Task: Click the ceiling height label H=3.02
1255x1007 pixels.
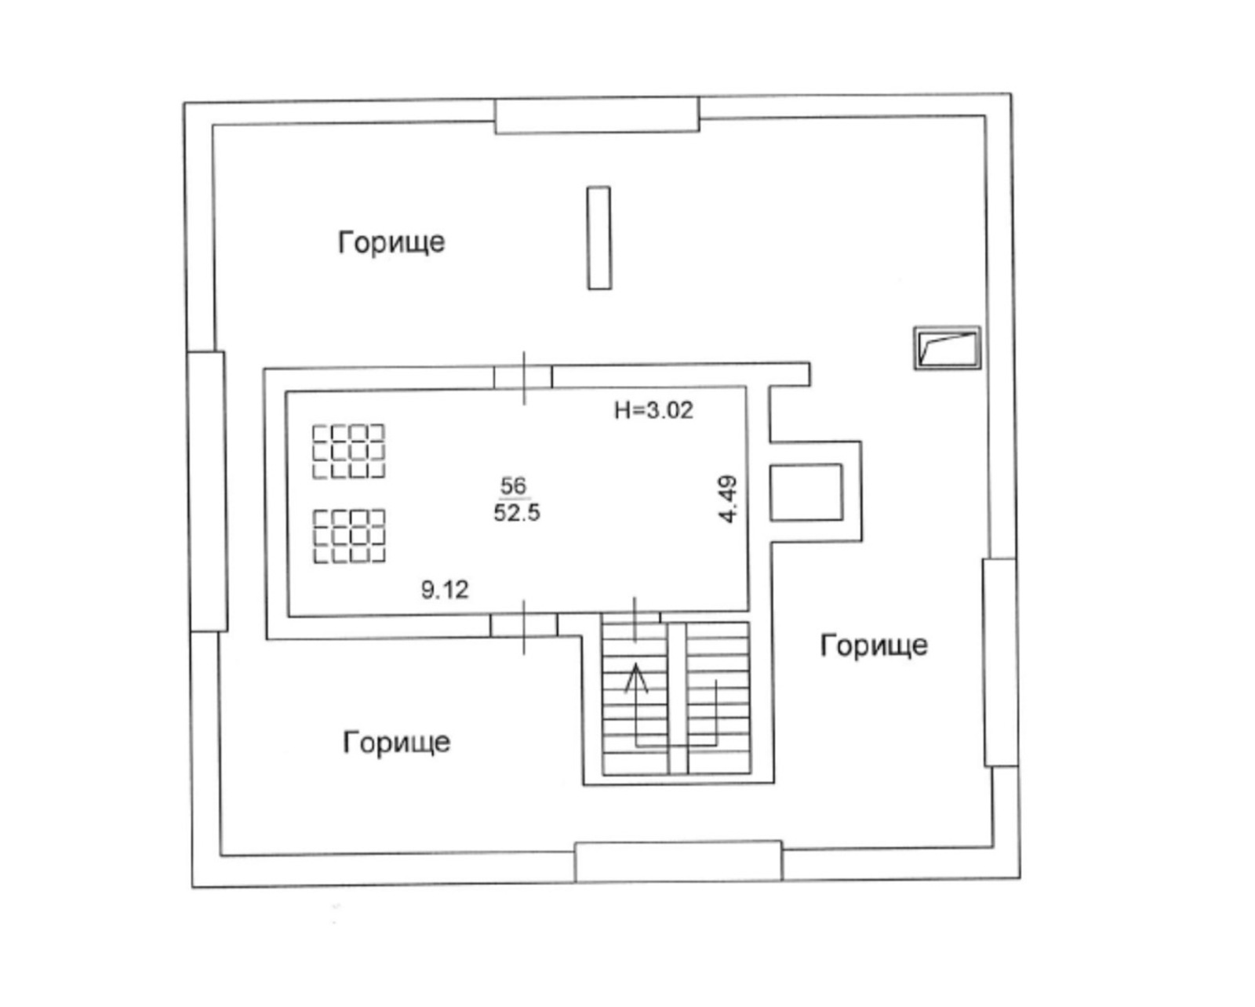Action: tap(653, 410)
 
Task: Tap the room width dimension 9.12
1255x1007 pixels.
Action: tap(445, 590)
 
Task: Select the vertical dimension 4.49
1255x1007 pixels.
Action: tap(729, 499)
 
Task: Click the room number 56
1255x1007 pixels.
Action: tap(513, 485)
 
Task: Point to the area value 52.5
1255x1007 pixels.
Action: tap(517, 513)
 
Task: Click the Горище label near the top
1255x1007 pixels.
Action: tap(391, 242)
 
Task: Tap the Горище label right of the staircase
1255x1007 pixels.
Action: tap(874, 645)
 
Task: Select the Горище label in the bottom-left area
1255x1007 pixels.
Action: tap(397, 742)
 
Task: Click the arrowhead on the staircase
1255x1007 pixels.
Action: tap(636, 678)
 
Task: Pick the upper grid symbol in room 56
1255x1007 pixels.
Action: tap(349, 452)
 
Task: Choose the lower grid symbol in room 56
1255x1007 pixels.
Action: tap(349, 536)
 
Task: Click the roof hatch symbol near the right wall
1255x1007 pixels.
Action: tap(947, 348)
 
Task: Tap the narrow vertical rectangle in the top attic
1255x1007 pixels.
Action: tap(599, 238)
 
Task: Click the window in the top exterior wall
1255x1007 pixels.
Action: tap(597, 115)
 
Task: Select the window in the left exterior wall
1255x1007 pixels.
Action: tap(208, 492)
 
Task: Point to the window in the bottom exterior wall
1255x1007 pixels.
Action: tap(678, 861)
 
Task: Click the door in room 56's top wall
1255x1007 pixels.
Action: tap(523, 378)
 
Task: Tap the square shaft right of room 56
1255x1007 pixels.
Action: tap(806, 493)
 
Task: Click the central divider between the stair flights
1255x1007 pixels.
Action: tap(678, 699)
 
